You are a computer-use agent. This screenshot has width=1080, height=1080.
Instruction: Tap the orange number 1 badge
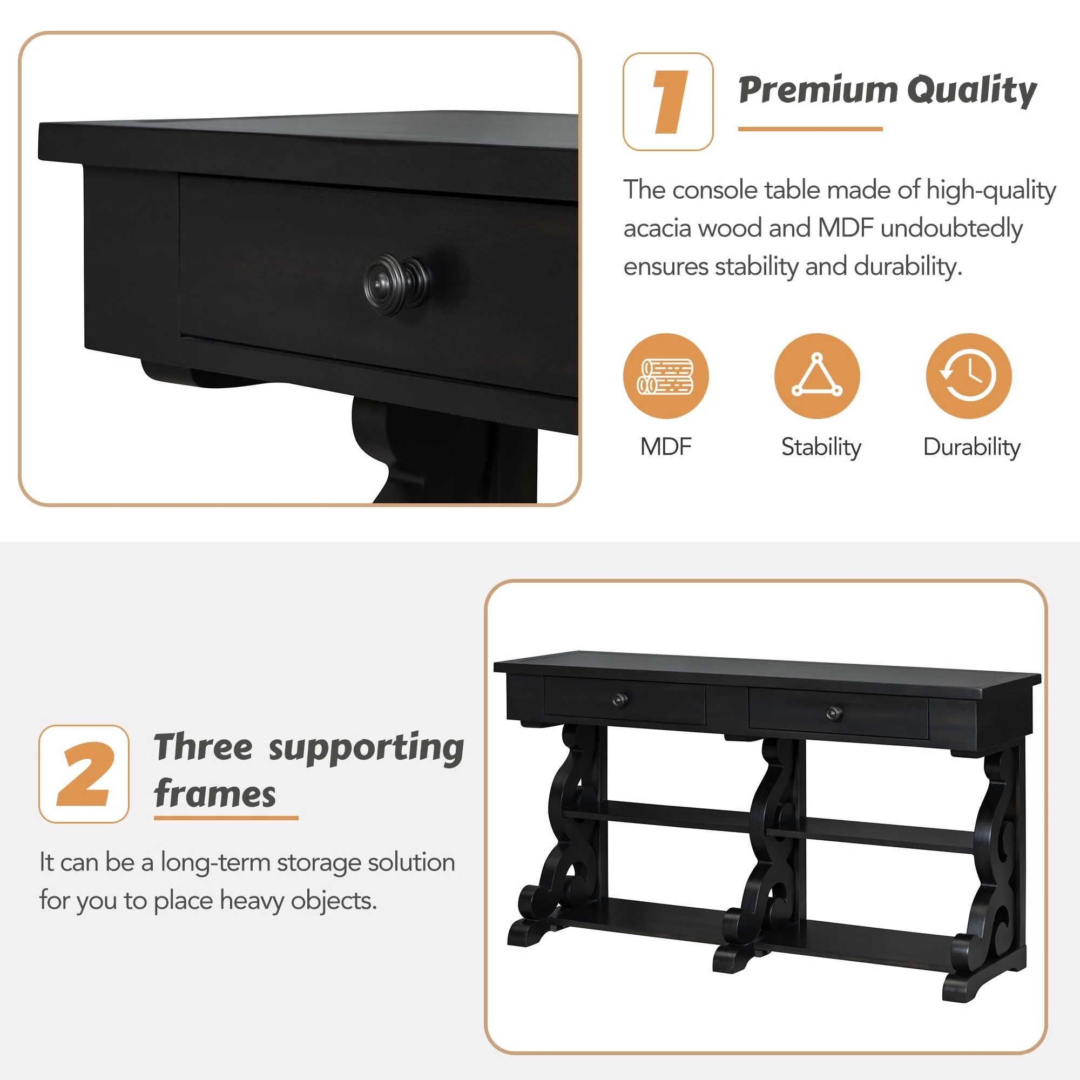(x=668, y=102)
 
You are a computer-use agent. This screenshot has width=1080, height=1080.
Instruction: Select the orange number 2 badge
(x=84, y=774)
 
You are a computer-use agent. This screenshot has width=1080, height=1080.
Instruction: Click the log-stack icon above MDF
(x=666, y=376)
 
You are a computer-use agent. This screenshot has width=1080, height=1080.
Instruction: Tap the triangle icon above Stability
(x=817, y=376)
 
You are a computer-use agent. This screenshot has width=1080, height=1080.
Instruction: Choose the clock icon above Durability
(x=969, y=376)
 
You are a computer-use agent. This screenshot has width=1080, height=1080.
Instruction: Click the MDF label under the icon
(x=666, y=447)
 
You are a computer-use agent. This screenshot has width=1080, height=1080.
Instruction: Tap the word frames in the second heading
(x=215, y=794)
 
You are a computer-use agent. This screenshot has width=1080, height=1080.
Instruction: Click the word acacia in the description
(x=657, y=228)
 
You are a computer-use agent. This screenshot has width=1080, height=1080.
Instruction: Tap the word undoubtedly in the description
(x=951, y=228)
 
